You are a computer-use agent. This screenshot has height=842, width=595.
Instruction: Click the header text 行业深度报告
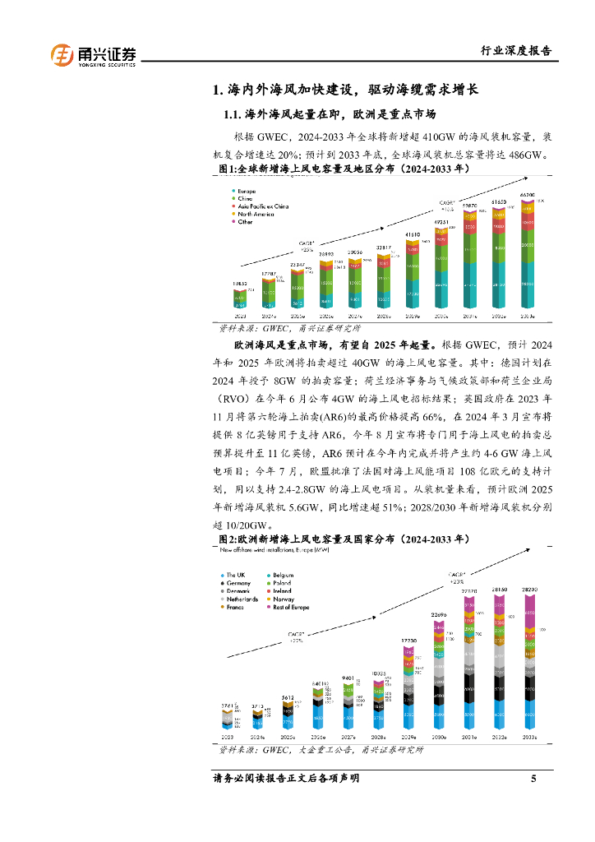(515, 51)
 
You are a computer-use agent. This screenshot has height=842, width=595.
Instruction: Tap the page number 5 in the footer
(533, 778)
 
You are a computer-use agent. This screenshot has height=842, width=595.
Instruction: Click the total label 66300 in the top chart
(527, 195)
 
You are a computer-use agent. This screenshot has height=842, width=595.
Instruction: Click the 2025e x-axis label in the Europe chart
(288, 738)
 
